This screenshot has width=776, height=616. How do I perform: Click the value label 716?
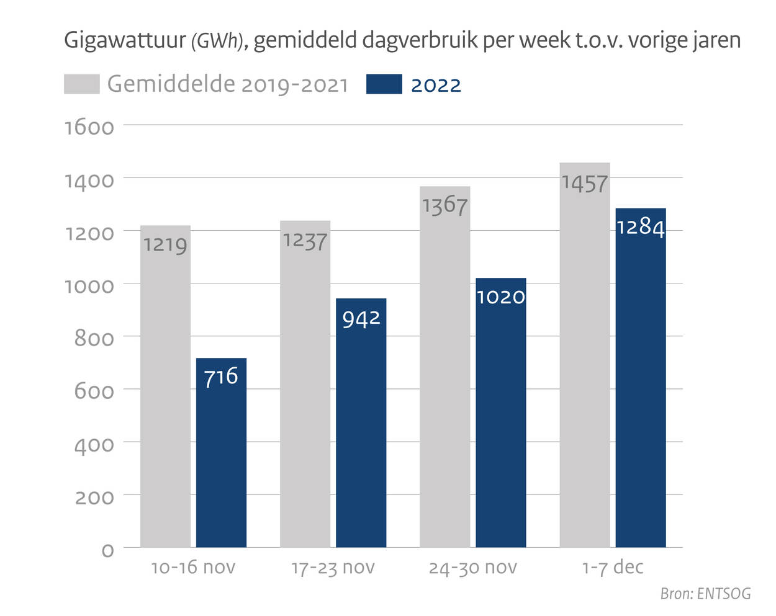221,376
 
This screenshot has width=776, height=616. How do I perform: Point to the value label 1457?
584,184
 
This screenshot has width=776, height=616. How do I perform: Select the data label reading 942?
361,319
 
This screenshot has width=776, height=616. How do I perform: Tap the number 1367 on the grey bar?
444,205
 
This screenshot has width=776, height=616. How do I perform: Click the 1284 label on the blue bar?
640,227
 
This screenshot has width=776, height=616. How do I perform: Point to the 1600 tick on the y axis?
89,127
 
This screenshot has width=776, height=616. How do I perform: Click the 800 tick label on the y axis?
94,339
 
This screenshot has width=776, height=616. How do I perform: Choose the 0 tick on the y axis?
107,550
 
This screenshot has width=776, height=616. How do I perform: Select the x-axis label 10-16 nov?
193,567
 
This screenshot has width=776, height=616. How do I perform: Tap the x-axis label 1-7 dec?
612,567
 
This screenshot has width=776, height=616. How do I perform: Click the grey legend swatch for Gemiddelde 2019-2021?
81,84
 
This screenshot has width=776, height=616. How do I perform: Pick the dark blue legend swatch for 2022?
384,84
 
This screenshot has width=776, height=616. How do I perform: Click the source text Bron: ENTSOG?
705,594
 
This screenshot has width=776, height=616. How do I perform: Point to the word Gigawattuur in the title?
125,41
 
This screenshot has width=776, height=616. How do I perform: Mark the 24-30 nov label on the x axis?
472,567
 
